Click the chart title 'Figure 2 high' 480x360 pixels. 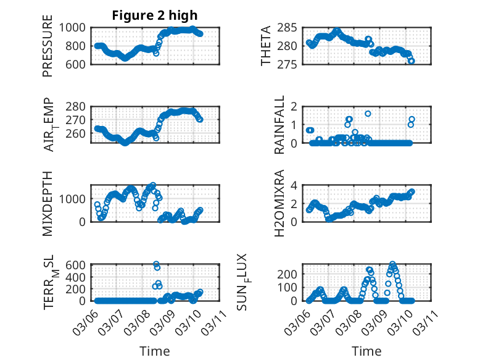click(x=155, y=15)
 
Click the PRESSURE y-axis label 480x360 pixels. click(x=48, y=46)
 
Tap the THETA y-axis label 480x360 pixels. click(x=266, y=46)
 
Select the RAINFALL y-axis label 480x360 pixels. click(x=279, y=124)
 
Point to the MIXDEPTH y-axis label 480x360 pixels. click(x=48, y=203)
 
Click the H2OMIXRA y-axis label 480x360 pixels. click(x=279, y=203)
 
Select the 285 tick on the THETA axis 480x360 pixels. click(x=289, y=27)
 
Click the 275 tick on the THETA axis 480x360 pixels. click(x=289, y=64)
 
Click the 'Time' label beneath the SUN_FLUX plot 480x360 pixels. click(x=366, y=351)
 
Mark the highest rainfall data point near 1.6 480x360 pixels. click(x=368, y=114)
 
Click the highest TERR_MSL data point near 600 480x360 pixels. click(x=156, y=264)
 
